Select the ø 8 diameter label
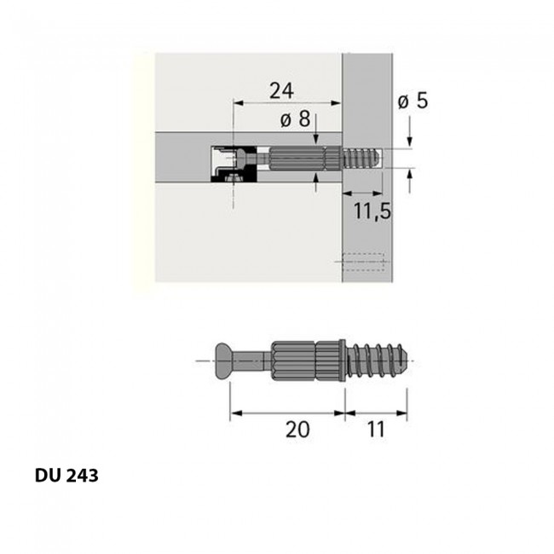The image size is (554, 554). tap(294, 119)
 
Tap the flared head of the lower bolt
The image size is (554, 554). tap(222, 362)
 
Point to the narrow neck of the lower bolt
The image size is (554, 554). tap(251, 362)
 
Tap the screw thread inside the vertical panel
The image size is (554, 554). tap(362, 159)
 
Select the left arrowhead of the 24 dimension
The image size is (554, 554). tap(236, 103)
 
